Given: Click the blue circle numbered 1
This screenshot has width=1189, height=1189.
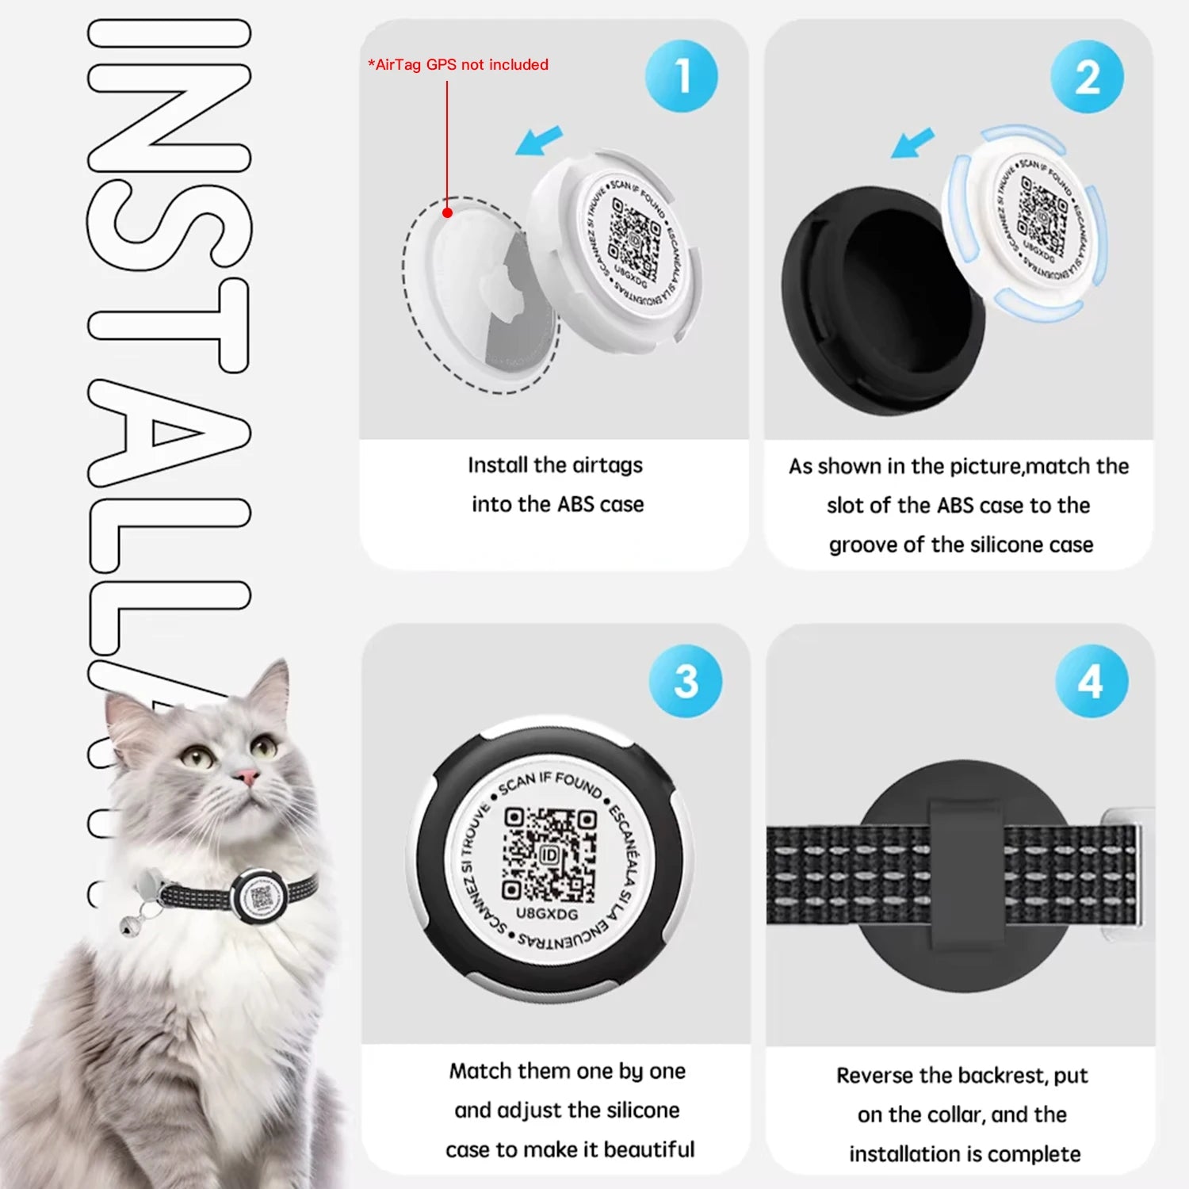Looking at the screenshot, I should [x=681, y=76].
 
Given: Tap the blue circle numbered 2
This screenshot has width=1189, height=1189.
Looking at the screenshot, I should [x=1087, y=77].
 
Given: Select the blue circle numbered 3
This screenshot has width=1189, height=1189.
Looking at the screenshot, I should [x=685, y=681].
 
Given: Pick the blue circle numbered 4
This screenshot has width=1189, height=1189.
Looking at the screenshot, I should [x=1091, y=681].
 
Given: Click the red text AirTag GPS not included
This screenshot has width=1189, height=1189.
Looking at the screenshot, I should [x=458, y=65].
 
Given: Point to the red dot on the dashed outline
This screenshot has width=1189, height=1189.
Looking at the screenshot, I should [x=447, y=212].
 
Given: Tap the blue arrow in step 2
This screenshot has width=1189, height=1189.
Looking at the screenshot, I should [x=913, y=143].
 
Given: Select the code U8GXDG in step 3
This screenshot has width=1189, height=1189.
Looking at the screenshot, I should [x=547, y=914].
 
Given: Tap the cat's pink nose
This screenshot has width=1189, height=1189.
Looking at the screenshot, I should [x=247, y=776].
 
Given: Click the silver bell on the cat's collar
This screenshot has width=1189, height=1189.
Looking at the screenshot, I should [x=128, y=923].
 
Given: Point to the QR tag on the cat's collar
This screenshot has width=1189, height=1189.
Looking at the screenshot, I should [x=260, y=896].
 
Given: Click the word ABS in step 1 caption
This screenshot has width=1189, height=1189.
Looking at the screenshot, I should [x=577, y=504].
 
